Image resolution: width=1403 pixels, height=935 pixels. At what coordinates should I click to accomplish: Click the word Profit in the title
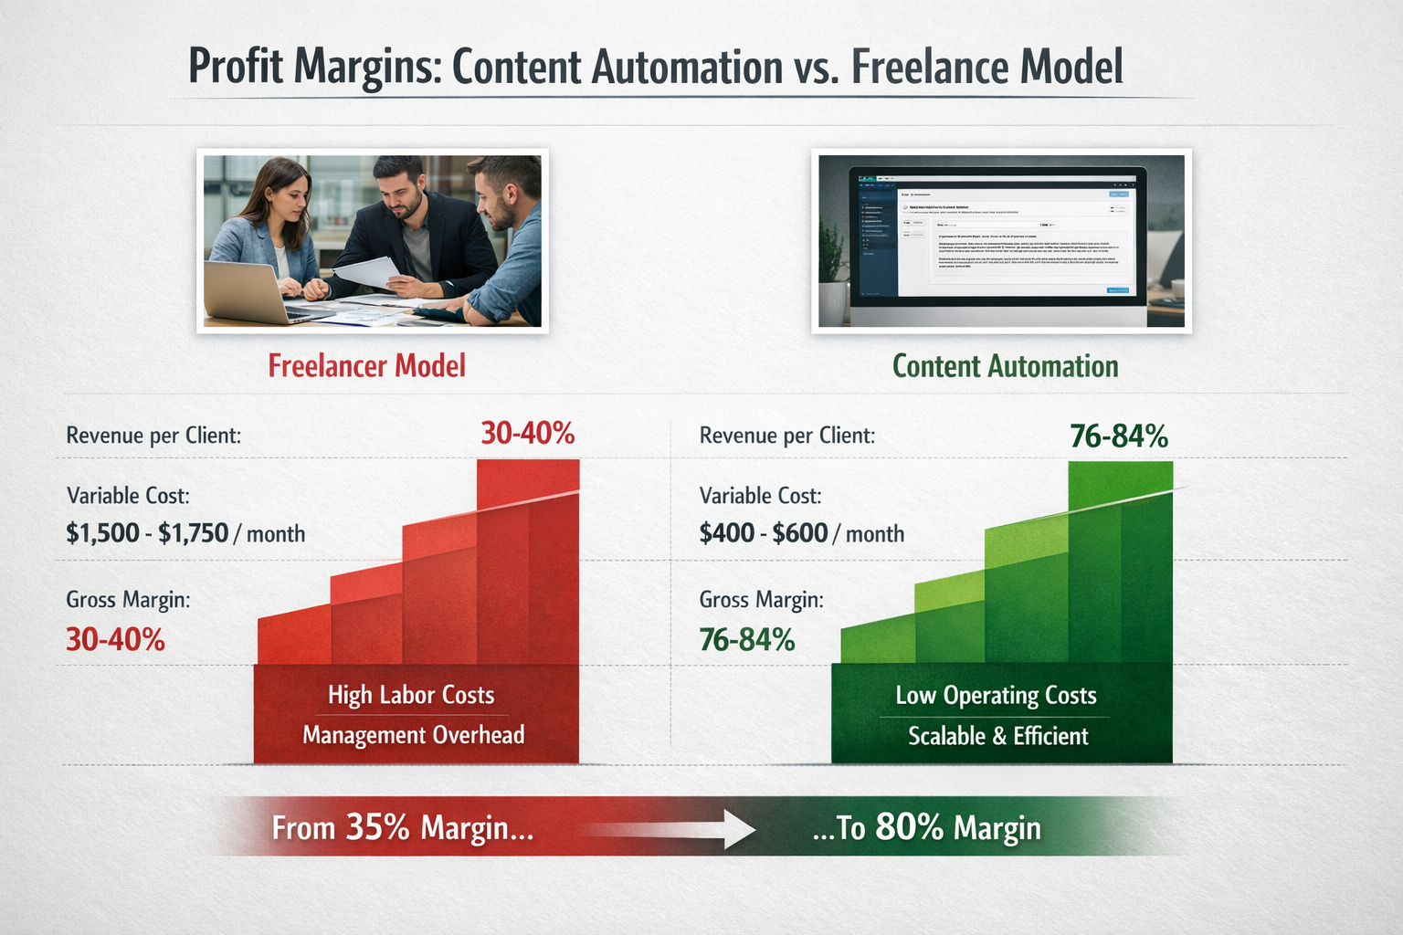tap(236, 67)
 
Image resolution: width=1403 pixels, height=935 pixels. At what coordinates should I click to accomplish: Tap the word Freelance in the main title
tap(931, 67)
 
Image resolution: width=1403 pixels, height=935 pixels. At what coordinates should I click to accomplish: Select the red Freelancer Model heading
tap(366, 366)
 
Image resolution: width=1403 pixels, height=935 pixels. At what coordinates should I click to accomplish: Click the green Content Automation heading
tap(1005, 366)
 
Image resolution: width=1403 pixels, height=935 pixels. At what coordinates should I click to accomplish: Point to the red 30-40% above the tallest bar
tap(528, 433)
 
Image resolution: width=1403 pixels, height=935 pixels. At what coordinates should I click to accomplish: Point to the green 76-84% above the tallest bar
tap(1119, 436)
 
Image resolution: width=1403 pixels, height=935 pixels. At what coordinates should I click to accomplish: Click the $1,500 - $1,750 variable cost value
tap(147, 533)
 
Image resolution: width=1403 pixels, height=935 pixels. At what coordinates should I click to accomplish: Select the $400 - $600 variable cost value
tap(763, 533)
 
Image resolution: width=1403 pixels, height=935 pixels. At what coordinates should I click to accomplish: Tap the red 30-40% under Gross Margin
tap(115, 639)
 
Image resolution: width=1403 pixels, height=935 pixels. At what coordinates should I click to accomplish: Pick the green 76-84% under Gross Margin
tap(747, 639)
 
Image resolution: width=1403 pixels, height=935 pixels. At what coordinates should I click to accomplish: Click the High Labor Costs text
tap(411, 695)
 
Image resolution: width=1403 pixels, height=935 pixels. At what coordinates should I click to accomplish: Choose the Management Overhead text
tap(414, 735)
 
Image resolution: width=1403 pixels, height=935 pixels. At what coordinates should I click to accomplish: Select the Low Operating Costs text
tap(996, 696)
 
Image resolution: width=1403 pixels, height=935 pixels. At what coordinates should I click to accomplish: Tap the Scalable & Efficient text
tap(997, 736)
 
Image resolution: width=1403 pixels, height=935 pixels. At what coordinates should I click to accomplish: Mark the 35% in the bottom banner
tap(377, 827)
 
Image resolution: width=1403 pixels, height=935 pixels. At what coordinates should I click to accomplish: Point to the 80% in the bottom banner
tap(909, 827)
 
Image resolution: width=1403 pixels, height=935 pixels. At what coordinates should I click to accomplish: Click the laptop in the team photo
tap(247, 292)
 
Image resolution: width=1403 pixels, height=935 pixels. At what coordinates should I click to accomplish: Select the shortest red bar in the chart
tap(294, 639)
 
